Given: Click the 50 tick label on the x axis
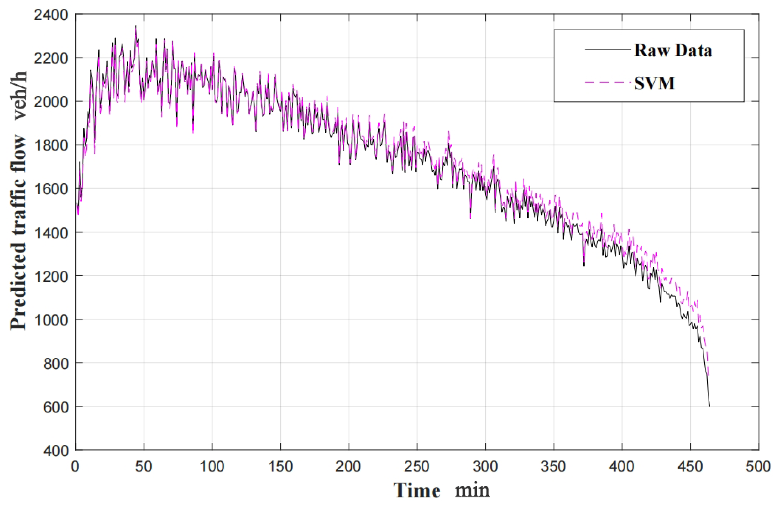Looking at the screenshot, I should (144, 467).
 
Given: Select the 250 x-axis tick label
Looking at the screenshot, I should (417, 467).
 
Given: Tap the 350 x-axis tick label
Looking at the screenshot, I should (553, 467).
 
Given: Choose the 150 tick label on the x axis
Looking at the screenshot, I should (280, 467).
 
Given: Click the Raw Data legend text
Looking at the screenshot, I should (673, 51).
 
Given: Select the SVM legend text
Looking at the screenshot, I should (654, 83).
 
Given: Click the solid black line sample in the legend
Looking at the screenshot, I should (608, 49).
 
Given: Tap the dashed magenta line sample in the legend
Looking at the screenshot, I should (608, 82).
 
